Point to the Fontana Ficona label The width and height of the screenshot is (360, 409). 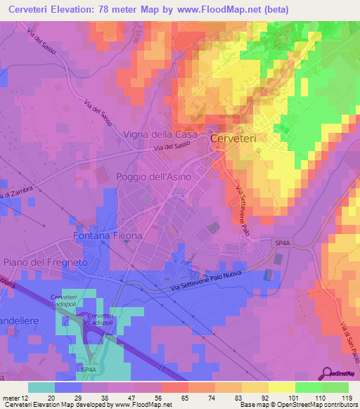pyautogui.click(x=108, y=235)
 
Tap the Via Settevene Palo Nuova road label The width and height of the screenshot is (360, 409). pyautogui.click(x=210, y=283)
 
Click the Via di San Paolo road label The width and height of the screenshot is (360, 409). pyautogui.click(x=346, y=337)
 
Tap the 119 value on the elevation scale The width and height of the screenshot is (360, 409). pyautogui.click(x=345, y=397)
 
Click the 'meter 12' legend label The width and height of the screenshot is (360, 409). pyautogui.click(x=13, y=397)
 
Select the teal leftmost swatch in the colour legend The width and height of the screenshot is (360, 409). pyautogui.click(x=41, y=387)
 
